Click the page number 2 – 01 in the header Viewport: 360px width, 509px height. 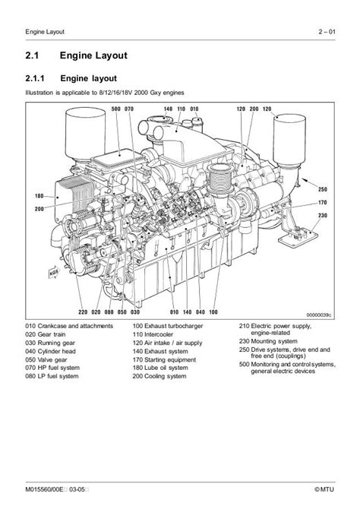point(333,30)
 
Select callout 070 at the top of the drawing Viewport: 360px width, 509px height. point(129,109)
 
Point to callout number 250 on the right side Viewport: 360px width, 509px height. point(322,189)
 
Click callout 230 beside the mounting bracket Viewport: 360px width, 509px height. point(322,216)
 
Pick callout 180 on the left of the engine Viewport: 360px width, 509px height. point(40,196)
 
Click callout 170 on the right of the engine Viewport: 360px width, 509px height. point(322,202)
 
